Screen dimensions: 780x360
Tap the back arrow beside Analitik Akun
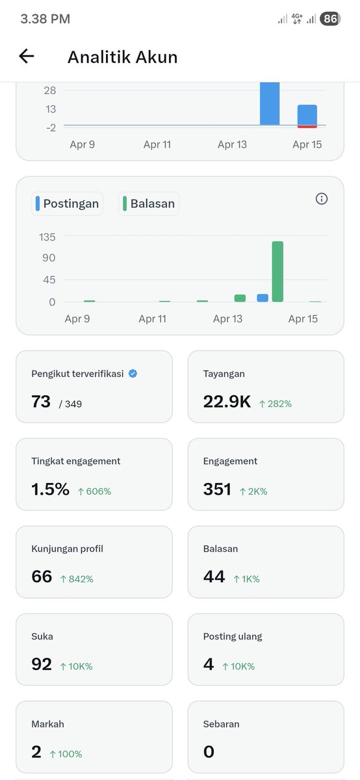pos(26,57)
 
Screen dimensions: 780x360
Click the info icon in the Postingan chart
pos(321,199)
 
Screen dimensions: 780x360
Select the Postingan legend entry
pos(67,203)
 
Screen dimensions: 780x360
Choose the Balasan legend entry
pos(149,203)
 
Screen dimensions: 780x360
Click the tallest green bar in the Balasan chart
pos(277,272)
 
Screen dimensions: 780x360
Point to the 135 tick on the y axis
pos(47,237)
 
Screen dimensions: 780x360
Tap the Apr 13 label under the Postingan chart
pos(227,318)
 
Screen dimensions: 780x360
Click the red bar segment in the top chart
pos(307,126)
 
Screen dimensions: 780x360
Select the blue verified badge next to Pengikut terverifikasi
pos(133,374)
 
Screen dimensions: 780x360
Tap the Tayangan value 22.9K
pos(227,402)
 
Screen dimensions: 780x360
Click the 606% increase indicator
pos(94,491)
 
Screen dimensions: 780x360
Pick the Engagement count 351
pos(217,489)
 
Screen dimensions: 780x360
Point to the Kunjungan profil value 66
pos(42,577)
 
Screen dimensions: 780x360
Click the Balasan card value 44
pos(214,577)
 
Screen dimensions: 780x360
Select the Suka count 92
pos(42,664)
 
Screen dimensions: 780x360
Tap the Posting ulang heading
pos(233,636)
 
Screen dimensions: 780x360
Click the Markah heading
pos(47,723)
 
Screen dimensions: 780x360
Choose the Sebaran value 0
pos(209,752)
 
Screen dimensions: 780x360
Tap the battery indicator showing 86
pos(330,19)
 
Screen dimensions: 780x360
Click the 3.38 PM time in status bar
pos(45,19)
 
